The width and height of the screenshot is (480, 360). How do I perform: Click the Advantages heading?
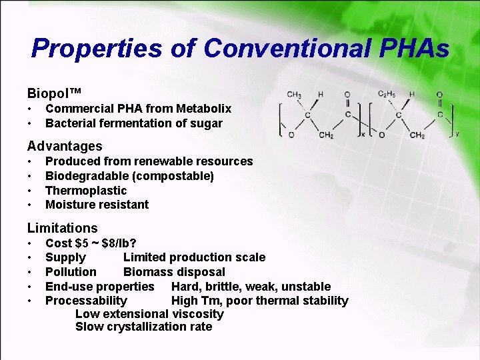(65, 146)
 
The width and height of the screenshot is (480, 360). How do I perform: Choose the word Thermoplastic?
(86, 191)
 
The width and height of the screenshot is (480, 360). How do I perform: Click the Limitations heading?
(62, 228)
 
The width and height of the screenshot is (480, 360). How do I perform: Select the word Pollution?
(71, 272)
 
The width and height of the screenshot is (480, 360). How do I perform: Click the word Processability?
(86, 301)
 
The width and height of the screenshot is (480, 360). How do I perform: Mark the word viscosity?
(198, 314)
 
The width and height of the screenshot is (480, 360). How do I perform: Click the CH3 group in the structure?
(294, 95)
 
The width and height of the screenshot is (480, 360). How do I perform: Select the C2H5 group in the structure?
(387, 95)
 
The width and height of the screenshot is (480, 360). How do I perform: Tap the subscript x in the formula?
(363, 134)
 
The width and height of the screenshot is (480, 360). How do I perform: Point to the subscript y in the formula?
(457, 134)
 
